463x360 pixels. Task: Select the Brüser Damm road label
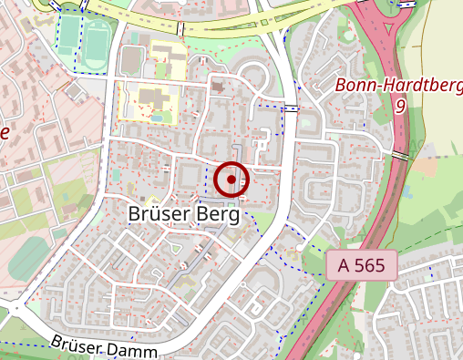tap(105, 346)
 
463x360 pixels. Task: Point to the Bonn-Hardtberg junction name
tap(399, 86)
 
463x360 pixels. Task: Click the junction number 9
tap(399, 106)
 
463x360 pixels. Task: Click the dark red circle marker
tap(232, 180)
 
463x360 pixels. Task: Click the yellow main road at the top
tap(219, 27)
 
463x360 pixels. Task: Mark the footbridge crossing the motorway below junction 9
tap(400, 156)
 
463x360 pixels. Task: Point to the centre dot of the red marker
tap(232, 180)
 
